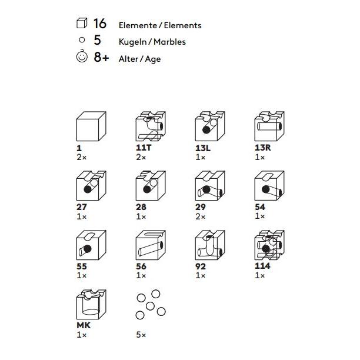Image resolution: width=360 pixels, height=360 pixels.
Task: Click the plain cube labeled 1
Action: coord(91,126)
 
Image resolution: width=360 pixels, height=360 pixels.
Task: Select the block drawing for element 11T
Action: coord(151,126)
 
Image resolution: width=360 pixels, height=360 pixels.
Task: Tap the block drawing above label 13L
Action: coord(210,126)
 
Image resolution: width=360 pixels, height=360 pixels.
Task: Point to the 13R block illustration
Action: coord(269,126)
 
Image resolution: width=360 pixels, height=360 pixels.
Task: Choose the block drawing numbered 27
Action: coord(91,185)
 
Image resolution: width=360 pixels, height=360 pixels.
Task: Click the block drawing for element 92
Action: coord(210,245)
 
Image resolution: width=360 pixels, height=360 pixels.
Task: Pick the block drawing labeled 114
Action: coord(269,245)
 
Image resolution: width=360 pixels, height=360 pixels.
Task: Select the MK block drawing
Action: coord(91,305)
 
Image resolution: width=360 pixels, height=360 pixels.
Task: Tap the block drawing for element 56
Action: coord(151,245)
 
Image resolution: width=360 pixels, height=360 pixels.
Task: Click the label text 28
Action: coord(141,207)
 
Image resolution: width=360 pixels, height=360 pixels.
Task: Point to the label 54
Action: coord(260,207)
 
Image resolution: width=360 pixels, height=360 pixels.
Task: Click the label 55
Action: coord(82,266)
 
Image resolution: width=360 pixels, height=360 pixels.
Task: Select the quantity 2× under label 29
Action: coord(200,216)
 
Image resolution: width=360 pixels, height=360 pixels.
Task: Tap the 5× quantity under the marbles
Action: coord(141,335)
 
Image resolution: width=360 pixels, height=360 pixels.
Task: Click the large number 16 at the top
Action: coord(100,24)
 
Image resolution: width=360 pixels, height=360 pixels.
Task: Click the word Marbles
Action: coord(169,42)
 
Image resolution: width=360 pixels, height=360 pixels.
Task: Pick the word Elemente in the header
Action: coord(138,25)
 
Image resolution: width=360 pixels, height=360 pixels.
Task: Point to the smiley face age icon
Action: coord(82,56)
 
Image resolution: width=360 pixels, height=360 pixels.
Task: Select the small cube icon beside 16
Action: coord(82,23)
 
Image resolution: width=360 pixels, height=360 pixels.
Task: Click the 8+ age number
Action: coord(101,57)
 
